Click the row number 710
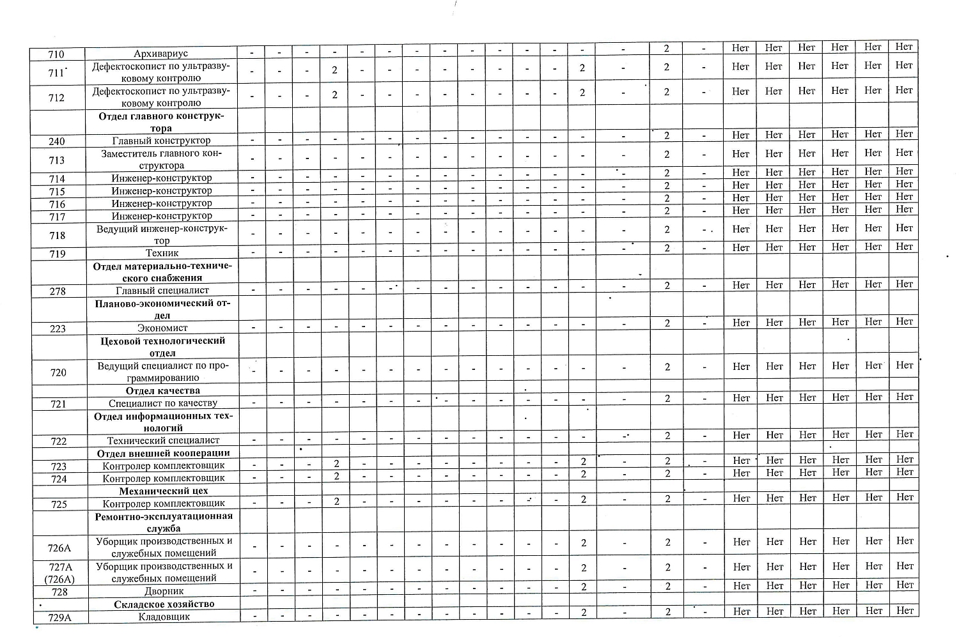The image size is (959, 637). (56, 54)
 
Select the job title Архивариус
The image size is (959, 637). (162, 54)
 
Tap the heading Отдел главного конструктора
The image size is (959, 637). (161, 122)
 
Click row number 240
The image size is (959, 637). (56, 141)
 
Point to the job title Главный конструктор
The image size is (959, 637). (161, 141)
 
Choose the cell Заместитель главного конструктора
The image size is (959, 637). (161, 159)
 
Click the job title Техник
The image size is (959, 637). (162, 253)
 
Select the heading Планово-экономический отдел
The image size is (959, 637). (162, 309)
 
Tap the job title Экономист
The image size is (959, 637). (162, 328)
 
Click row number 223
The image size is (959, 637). (58, 328)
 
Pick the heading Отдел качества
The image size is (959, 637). (162, 390)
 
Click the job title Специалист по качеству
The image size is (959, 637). (162, 403)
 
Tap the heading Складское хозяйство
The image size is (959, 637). (164, 604)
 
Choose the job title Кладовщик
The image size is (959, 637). (164, 617)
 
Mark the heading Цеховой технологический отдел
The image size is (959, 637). (162, 346)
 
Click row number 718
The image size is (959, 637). (58, 235)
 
